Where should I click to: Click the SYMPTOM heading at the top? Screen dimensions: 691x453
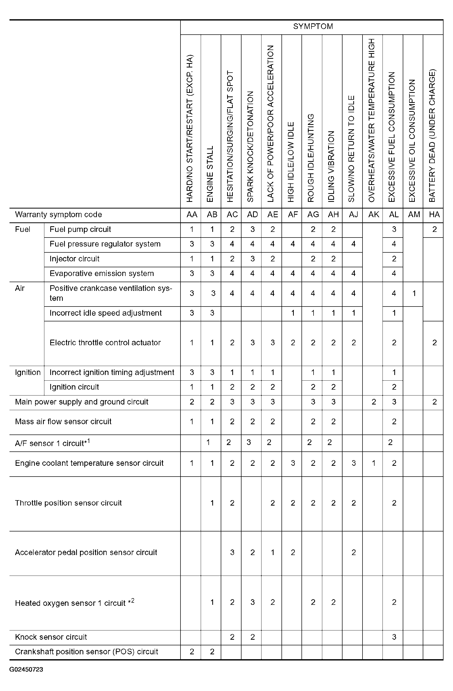click(x=313, y=26)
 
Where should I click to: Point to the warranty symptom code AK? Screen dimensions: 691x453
click(x=374, y=214)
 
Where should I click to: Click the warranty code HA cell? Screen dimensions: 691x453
click(x=434, y=214)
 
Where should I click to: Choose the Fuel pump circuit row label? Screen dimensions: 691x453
click(x=80, y=229)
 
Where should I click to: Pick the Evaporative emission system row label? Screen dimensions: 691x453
click(x=102, y=273)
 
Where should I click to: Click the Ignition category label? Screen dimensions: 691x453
click(x=28, y=372)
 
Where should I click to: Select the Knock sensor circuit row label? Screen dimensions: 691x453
click(x=51, y=637)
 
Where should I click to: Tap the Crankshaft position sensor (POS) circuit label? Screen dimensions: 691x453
click(x=86, y=652)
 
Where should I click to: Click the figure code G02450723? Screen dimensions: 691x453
click(x=26, y=669)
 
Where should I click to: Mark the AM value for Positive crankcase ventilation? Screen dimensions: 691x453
click(x=414, y=293)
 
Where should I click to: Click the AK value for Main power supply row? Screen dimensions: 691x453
click(x=374, y=402)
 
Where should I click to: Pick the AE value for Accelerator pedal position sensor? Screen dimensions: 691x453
click(x=273, y=552)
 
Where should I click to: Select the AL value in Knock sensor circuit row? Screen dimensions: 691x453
click(x=394, y=637)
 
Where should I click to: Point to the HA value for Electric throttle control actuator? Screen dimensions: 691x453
click(x=434, y=343)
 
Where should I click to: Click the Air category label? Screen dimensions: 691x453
click(x=20, y=288)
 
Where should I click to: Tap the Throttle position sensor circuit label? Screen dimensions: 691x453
click(x=68, y=503)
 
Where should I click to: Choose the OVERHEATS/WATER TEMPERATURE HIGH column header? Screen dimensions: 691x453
click(x=371, y=120)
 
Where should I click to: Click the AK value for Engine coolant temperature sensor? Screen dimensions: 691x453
click(x=374, y=463)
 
